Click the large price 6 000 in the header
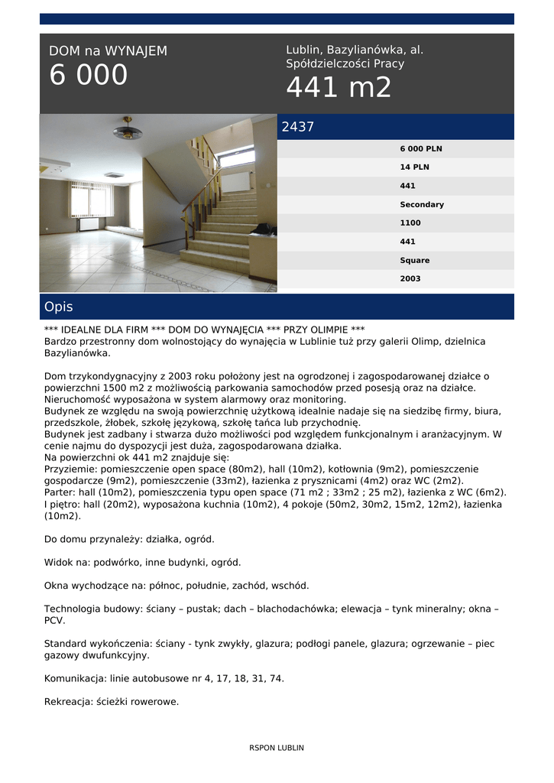[x=89, y=76]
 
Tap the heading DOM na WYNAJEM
[x=108, y=51]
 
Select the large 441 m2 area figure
[x=339, y=88]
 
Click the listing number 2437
[x=298, y=128]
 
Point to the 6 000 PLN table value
[x=421, y=149]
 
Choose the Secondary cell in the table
[x=422, y=205]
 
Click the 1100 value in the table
[x=410, y=223]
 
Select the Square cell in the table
[x=415, y=261]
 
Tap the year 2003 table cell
[x=410, y=279]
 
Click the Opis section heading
[x=59, y=307]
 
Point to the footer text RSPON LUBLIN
[x=277, y=748]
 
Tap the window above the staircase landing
[x=235, y=158]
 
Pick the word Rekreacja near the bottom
[x=70, y=701]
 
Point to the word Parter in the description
[x=60, y=492]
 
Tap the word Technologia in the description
[x=76, y=609]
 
